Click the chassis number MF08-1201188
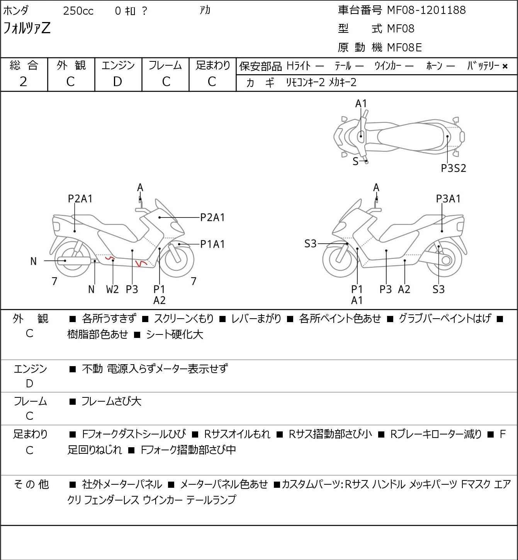point(426,10)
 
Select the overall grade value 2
point(24,81)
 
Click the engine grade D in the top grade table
point(118,81)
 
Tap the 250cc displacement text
point(78,11)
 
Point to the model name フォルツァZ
point(27,29)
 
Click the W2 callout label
point(112,289)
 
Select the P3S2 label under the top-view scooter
point(453,168)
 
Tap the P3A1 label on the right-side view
point(448,199)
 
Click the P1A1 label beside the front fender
point(212,244)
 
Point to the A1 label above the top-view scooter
point(361,104)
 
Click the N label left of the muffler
point(34,261)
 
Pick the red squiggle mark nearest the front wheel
point(140,263)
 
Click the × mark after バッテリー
point(505,66)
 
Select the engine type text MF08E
point(404,48)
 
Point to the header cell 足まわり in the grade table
point(212,66)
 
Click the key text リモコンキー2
point(305,82)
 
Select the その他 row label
point(31,484)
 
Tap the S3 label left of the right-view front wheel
point(310,244)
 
